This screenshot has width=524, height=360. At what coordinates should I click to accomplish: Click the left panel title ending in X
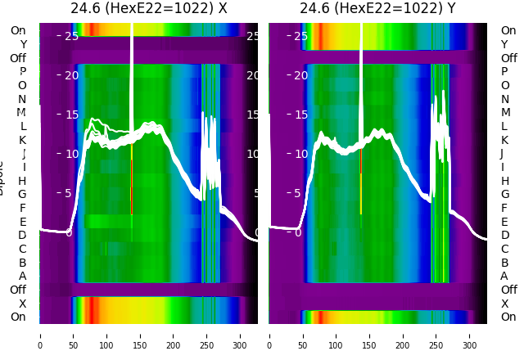tap(149, 9)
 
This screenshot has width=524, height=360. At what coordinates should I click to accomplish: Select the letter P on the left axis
tap(22, 71)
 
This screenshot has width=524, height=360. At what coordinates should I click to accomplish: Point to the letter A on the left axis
tap(22, 276)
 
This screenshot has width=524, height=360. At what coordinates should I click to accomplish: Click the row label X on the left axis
tap(22, 304)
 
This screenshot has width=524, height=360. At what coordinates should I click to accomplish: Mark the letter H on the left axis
tap(22, 181)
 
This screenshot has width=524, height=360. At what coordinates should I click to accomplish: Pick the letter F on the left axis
tap(22, 208)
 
